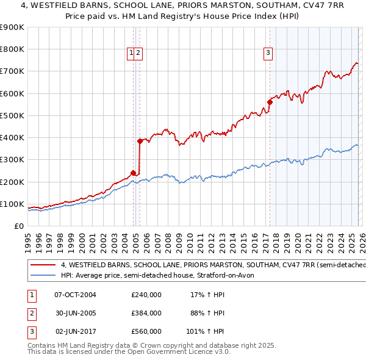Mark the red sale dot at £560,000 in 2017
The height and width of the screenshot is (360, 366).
270,102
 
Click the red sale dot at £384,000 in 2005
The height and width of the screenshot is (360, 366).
140,141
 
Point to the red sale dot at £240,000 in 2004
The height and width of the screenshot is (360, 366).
133,173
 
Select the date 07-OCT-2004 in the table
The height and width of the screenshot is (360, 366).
76,294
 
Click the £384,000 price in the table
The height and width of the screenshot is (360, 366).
146,312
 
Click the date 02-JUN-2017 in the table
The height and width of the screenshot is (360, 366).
76,331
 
